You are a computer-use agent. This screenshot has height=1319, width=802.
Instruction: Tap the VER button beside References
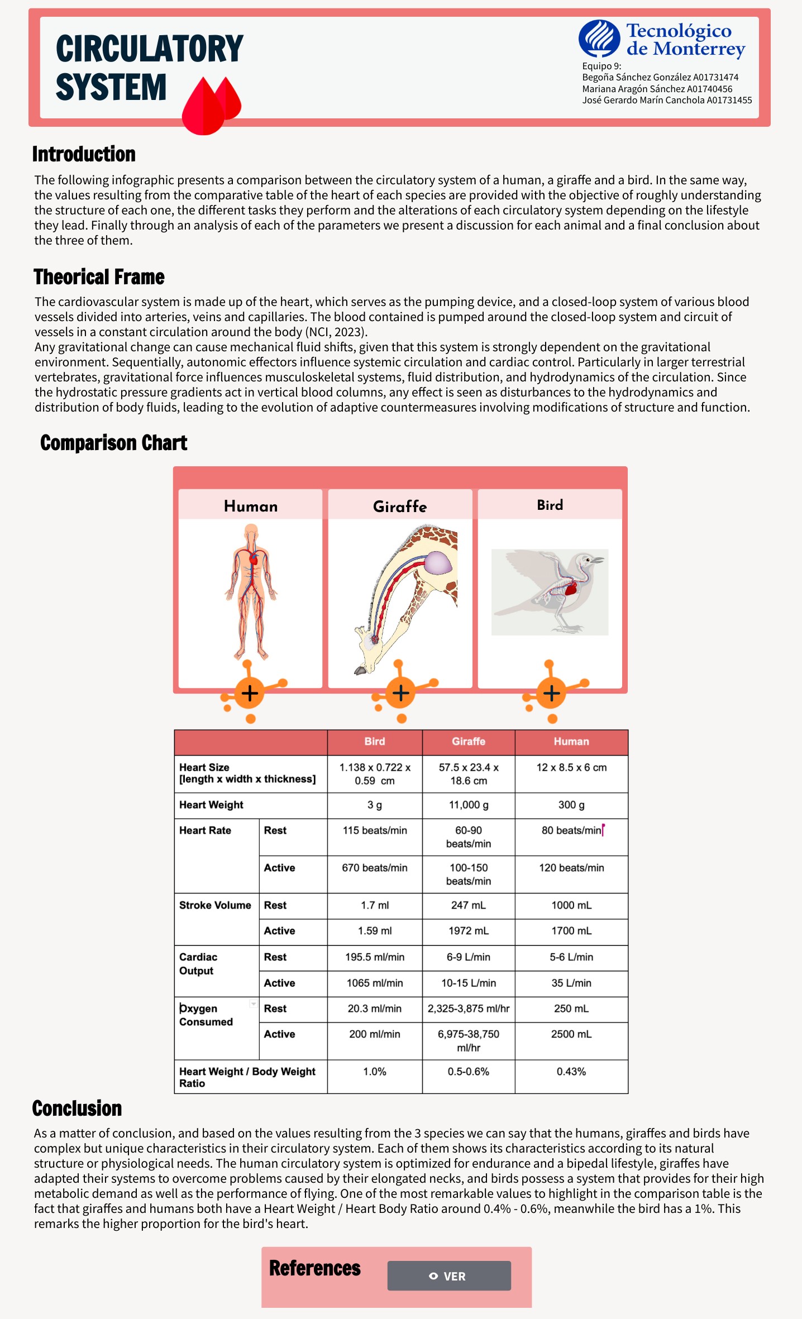(448, 1276)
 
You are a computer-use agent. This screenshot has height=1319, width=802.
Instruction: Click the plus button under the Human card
(250, 693)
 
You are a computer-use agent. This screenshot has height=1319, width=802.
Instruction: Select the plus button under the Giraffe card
(400, 693)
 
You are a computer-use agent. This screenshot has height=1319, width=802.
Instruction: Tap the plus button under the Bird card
(551, 693)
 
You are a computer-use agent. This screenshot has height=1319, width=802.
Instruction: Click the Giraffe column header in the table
(468, 742)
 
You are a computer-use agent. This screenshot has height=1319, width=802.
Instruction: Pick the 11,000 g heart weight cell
(468, 805)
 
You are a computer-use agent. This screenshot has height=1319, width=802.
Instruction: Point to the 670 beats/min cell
(374, 868)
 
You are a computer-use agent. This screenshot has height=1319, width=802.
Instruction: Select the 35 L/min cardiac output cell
(571, 983)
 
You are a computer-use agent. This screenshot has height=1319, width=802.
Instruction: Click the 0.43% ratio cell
(571, 1072)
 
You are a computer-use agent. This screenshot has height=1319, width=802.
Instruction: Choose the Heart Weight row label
(211, 805)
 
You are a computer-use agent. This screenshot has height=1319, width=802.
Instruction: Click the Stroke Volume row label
(215, 905)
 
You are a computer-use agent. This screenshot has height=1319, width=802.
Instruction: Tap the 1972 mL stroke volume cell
(468, 931)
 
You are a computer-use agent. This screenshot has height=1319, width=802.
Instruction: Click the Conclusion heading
(77, 1108)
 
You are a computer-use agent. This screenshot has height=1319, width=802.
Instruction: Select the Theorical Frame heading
(99, 277)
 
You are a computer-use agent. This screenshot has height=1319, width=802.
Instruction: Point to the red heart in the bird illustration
(570, 588)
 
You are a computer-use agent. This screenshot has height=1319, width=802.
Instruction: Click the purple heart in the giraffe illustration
(438, 563)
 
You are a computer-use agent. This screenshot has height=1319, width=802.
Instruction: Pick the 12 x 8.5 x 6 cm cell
(571, 768)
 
